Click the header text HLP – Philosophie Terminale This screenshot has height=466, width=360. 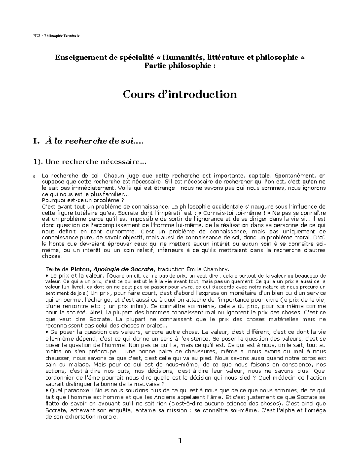click(x=56, y=36)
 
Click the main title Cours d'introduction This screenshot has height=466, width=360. click(x=180, y=94)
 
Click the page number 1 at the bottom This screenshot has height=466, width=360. click(x=180, y=441)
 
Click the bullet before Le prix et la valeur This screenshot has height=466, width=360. click(x=46, y=275)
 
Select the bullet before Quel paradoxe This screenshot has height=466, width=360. click(x=46, y=390)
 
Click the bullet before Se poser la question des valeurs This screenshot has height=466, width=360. click(x=46, y=332)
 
